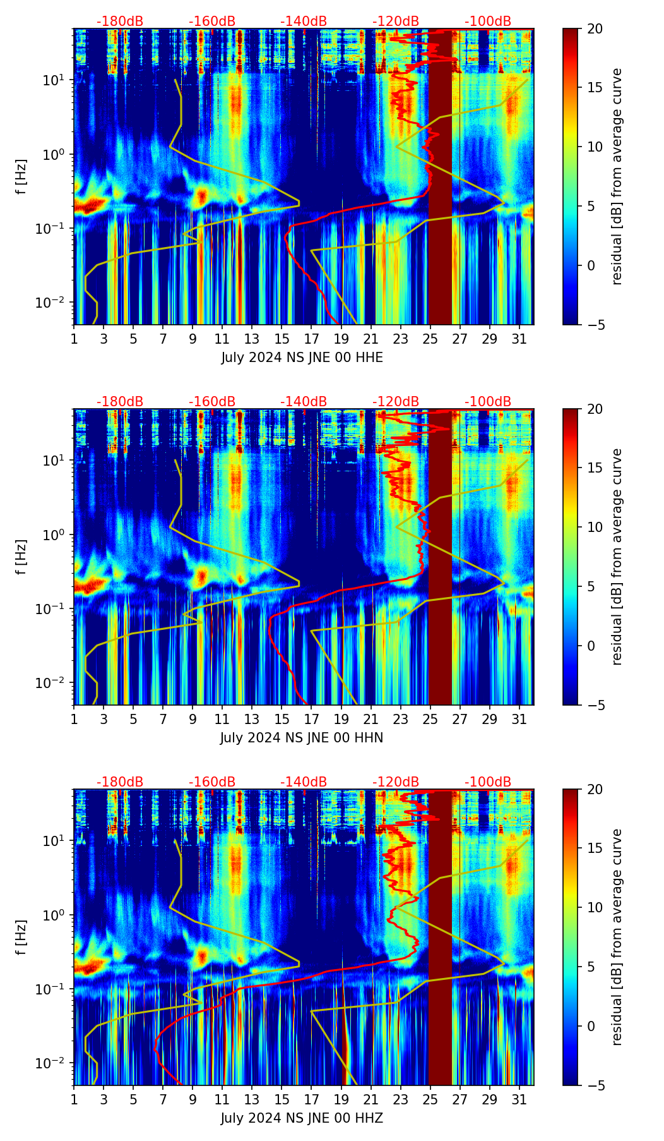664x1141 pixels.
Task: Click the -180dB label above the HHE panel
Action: [120, 21]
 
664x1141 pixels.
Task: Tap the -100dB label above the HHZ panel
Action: [488, 782]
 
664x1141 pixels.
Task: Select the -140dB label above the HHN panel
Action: [304, 402]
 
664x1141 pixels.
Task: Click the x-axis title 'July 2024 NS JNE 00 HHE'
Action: [302, 358]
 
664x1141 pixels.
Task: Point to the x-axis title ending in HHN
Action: [302, 738]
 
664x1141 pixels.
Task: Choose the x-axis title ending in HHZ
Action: [302, 1118]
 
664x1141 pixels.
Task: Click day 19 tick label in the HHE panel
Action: [341, 339]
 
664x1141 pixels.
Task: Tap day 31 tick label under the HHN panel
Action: [519, 719]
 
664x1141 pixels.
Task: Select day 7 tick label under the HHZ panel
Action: [163, 1099]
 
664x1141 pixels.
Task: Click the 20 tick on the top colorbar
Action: [595, 28]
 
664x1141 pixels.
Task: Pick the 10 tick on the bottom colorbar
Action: [595, 908]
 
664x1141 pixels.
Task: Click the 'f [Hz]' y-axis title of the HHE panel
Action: [22, 176]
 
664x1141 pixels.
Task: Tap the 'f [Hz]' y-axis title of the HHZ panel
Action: [22, 937]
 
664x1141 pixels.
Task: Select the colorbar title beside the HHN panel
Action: [617, 557]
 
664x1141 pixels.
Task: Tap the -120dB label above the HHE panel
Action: [396, 21]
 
